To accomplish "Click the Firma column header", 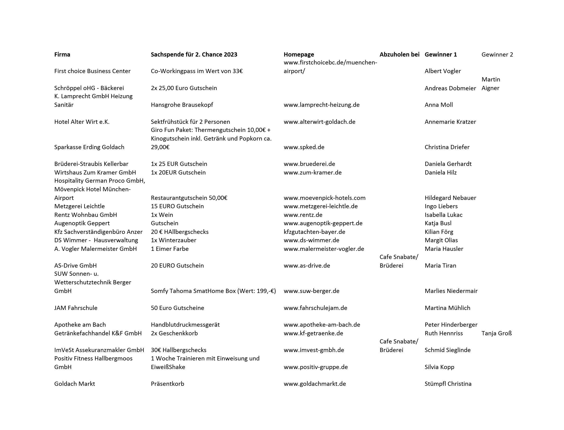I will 62,54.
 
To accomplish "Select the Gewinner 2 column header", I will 497,54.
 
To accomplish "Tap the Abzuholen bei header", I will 399,54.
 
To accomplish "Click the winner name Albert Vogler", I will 443,71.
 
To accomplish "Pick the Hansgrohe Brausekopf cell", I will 182,105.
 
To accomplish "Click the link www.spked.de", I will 304,147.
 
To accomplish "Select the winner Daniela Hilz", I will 440,172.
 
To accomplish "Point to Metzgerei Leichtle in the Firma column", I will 79,206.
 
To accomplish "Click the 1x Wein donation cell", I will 162,215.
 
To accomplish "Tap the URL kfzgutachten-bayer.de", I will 314,232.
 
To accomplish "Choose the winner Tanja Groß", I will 496,333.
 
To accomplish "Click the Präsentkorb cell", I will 167,384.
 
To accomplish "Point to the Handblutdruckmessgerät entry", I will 185,325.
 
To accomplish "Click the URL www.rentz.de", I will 303,215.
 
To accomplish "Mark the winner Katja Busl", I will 438,223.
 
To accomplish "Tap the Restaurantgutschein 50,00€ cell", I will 189,198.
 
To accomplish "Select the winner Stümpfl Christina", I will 448,384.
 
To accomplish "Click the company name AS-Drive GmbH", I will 75,266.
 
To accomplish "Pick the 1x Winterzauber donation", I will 173,240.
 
